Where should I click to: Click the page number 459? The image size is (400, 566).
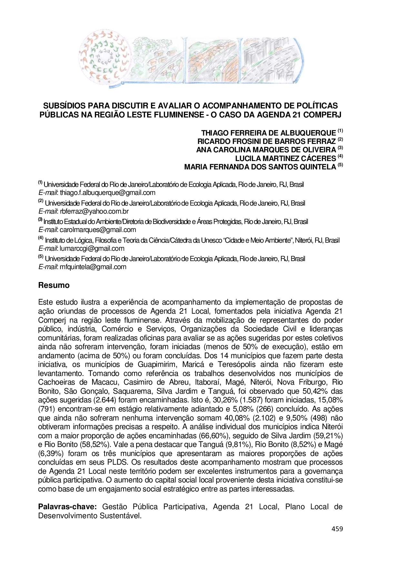coord(337,529)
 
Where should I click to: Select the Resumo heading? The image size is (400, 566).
coord(54,286)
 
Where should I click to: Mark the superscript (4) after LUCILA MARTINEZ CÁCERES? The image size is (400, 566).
coord(340,156)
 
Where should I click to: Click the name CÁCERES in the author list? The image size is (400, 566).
coord(319,158)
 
